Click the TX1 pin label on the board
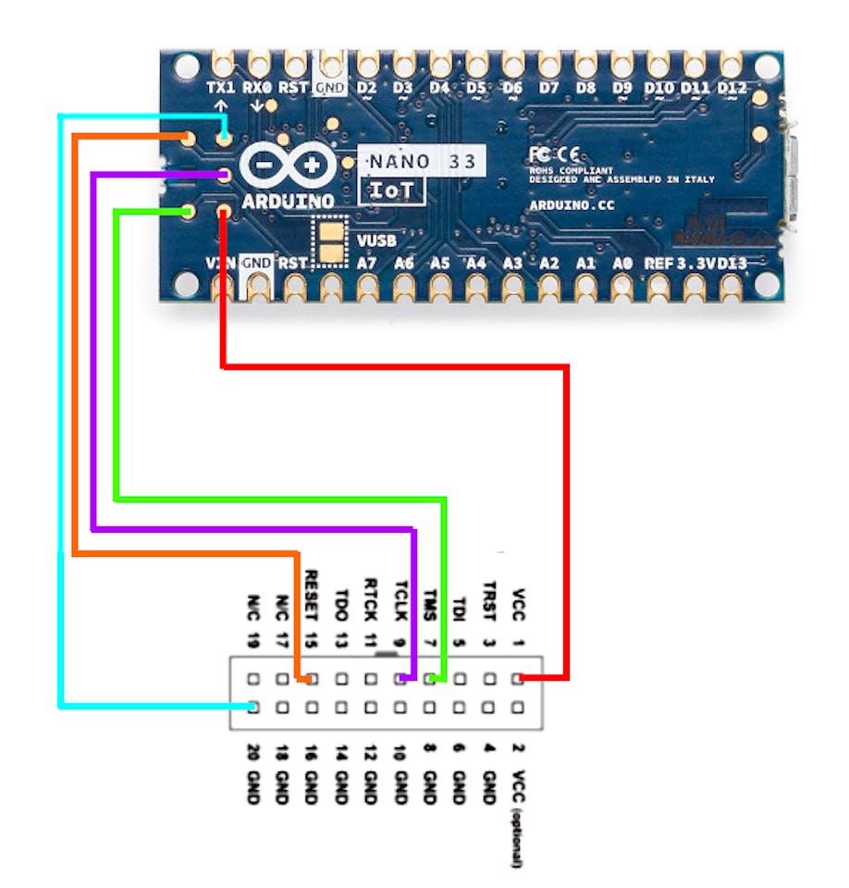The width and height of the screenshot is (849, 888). pos(221,88)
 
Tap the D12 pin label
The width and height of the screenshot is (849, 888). pos(732,88)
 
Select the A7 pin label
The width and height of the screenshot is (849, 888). pos(367,264)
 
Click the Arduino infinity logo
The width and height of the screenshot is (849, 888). pos(289,166)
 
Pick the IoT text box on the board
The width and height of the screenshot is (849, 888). pos(391,191)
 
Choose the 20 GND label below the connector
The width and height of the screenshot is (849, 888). pos(252,773)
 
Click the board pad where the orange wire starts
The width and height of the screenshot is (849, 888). pos(188,139)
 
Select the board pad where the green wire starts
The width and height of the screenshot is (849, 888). pos(188,212)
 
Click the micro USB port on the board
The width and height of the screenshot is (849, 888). pos(791,176)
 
